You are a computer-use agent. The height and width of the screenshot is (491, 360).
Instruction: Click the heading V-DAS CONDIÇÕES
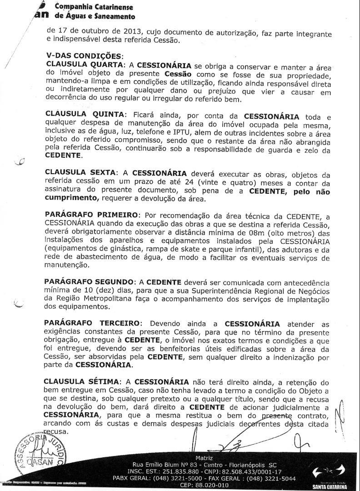click(x=84, y=56)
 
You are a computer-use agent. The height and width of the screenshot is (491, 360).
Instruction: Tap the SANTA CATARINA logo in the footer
click(x=329, y=478)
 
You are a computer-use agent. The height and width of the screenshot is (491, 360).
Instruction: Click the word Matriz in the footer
click(x=204, y=458)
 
